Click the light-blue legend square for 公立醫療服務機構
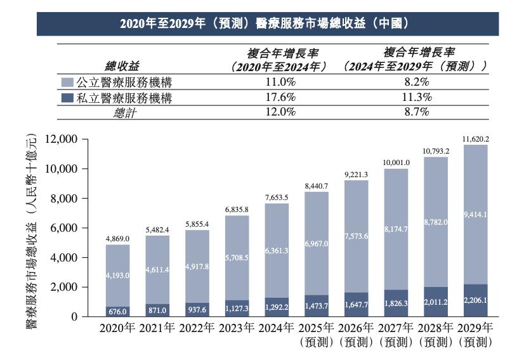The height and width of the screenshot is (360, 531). tap(68, 83)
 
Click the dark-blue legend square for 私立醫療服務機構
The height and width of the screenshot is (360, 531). tap(68, 98)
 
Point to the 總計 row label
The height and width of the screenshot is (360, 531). tap(124, 112)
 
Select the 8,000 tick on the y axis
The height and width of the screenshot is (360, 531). tap(80, 198)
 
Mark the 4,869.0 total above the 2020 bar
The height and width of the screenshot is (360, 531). tap(117, 239)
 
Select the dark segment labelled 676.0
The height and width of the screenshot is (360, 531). tap(117, 311)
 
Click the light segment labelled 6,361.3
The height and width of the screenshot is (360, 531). tap(277, 251)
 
